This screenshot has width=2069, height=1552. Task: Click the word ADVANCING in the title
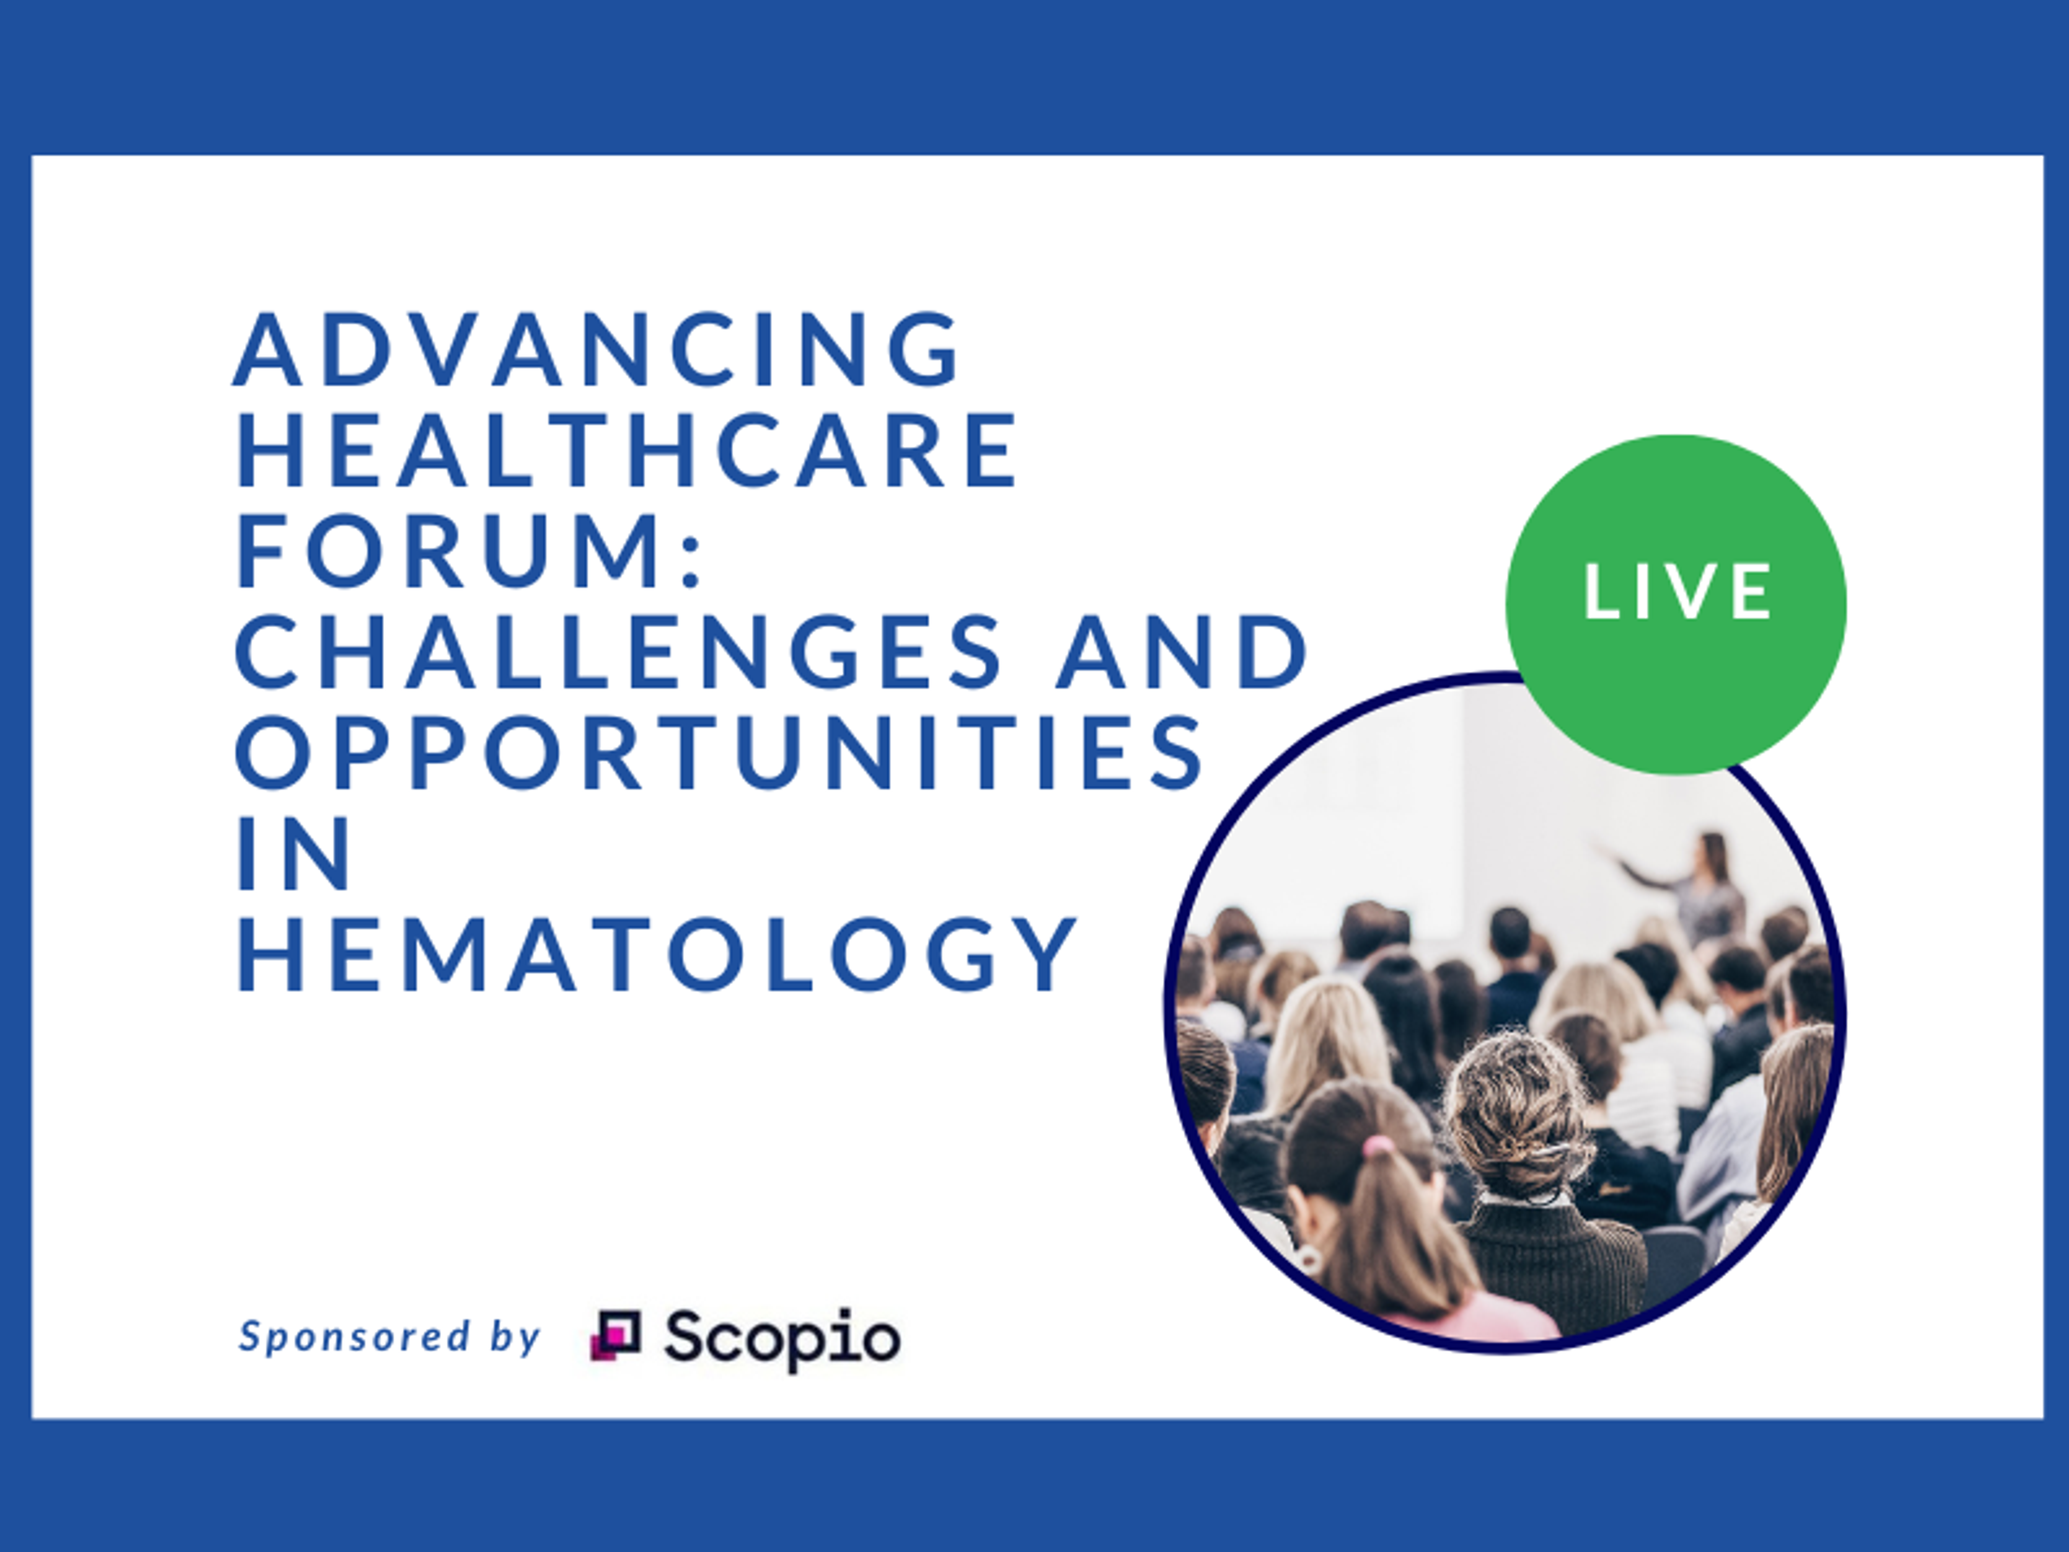(x=597, y=349)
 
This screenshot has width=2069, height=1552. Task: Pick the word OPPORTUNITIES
(x=718, y=753)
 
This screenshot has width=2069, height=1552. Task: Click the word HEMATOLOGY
(x=657, y=955)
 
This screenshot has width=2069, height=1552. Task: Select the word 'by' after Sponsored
(x=515, y=1338)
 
